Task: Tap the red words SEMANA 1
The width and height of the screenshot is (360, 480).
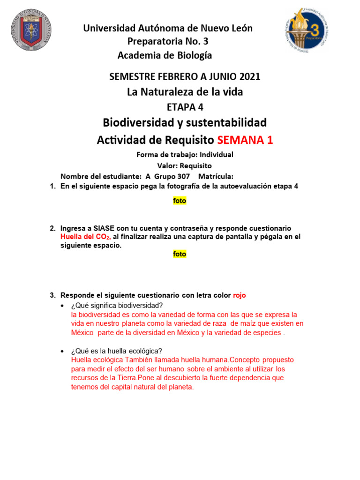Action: click(245, 140)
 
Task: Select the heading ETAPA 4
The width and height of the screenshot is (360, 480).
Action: click(185, 107)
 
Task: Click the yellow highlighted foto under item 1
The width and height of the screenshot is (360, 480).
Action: click(180, 201)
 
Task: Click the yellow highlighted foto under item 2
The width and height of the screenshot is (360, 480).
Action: click(180, 254)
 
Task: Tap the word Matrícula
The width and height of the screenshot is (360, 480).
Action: click(216, 176)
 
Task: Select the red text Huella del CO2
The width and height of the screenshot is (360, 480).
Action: click(85, 237)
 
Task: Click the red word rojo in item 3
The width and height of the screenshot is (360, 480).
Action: click(239, 295)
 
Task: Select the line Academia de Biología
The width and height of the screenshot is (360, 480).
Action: click(165, 56)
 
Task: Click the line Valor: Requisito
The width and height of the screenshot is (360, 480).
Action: click(184, 165)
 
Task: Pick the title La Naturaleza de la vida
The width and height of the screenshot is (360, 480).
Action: click(185, 92)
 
